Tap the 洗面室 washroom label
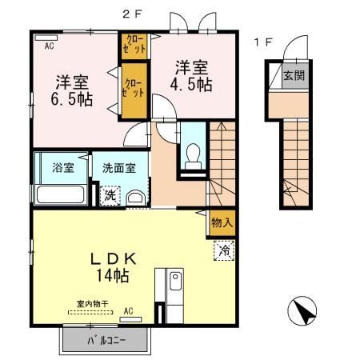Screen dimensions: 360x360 pos(118,170)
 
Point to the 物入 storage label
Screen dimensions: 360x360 pos(222,222)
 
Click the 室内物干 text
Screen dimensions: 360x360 pos(91,304)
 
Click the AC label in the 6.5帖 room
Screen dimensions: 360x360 pos(49,46)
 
